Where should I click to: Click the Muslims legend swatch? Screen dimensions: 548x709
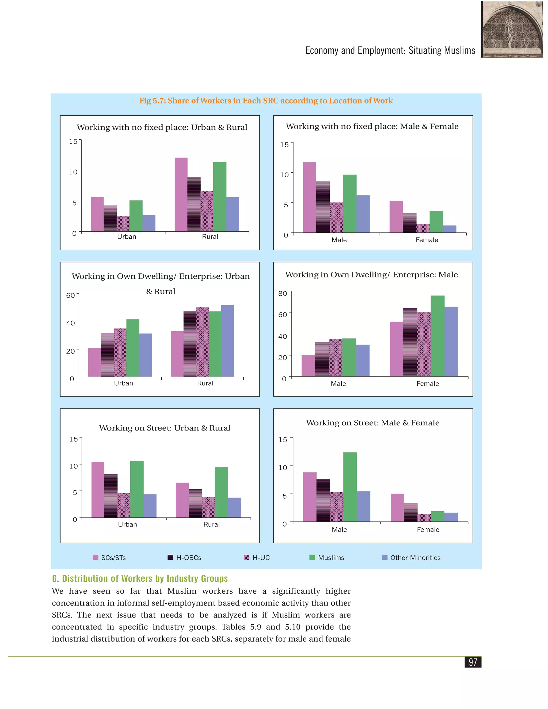[x=312, y=557]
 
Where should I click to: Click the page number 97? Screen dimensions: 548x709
[x=473, y=662]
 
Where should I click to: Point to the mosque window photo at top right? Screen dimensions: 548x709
[x=512, y=29]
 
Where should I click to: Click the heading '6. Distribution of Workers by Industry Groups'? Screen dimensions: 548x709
[x=140, y=578]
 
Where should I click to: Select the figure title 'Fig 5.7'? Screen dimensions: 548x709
[x=266, y=101]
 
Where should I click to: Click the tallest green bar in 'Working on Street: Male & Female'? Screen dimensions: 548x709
[x=350, y=487]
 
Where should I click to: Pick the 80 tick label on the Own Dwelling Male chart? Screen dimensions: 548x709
[x=283, y=293]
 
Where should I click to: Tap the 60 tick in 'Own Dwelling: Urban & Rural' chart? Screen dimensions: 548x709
[x=70, y=295]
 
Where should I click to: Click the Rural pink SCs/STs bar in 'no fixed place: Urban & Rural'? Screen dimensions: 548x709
[x=181, y=195]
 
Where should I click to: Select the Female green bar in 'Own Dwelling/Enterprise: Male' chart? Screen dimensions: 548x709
[x=437, y=336]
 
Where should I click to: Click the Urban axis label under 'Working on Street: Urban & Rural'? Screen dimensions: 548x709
[x=127, y=524]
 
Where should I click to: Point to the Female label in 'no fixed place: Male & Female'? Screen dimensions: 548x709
[x=427, y=240]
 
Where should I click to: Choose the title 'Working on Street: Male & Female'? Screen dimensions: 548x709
[x=373, y=423]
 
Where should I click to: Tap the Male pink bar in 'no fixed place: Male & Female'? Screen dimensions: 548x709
[x=309, y=197]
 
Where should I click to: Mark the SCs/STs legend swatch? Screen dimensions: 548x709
[x=96, y=557]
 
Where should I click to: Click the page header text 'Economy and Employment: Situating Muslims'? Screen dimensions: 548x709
[x=390, y=50]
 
